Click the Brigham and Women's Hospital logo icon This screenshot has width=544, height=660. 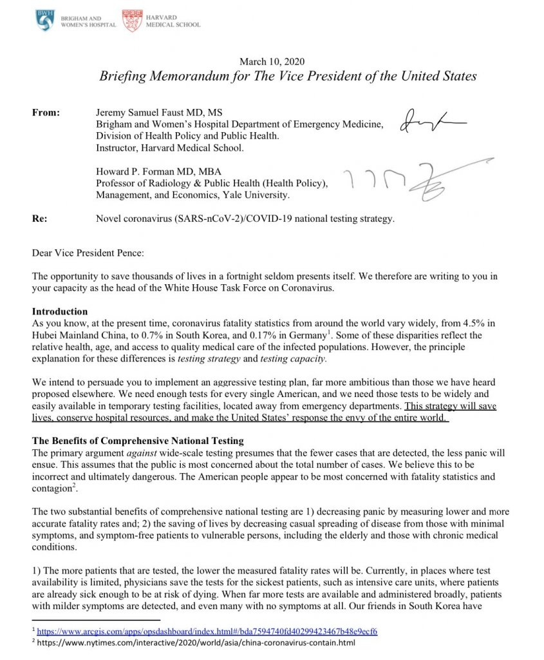click(46, 21)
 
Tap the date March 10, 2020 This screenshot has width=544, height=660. click(272, 62)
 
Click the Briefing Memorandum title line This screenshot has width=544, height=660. click(288, 76)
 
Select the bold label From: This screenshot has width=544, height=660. click(46, 112)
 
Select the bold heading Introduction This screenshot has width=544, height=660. click(60, 311)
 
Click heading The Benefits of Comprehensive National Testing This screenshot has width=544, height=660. click(138, 441)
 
